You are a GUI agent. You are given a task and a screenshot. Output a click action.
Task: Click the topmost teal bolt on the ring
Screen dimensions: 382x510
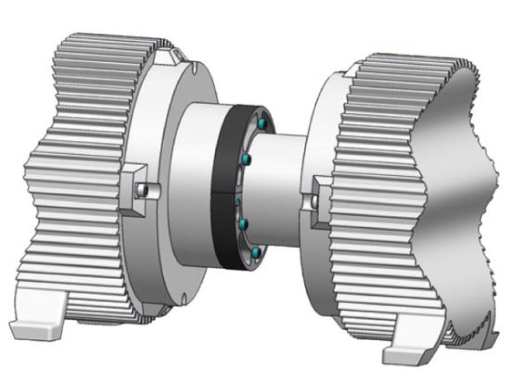tap(262, 124)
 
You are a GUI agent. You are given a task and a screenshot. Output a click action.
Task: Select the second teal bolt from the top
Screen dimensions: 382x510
tap(247, 159)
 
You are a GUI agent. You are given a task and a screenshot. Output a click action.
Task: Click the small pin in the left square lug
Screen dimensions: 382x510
tap(142, 189)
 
